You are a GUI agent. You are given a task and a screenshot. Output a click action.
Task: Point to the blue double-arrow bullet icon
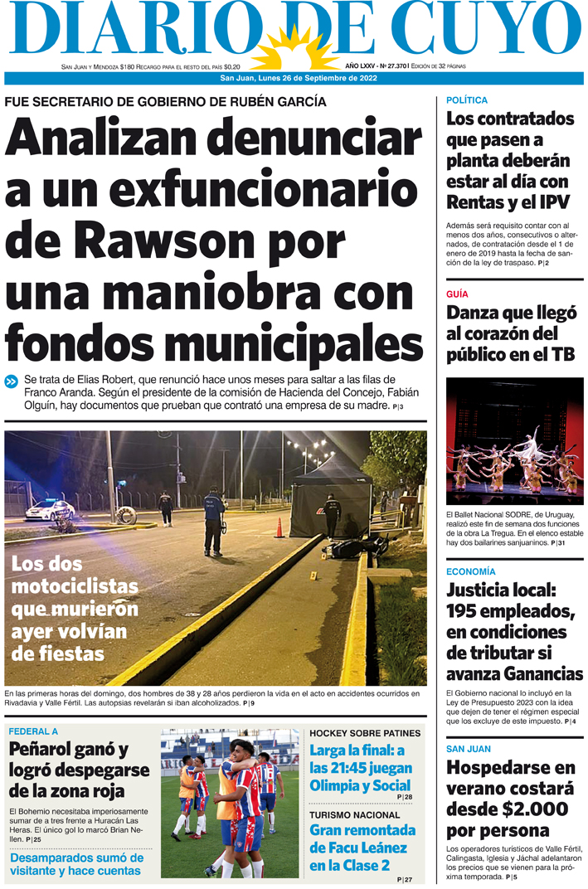pyautogui.click(x=12, y=381)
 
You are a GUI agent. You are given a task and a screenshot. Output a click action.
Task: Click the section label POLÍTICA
pyautogui.click(x=467, y=100)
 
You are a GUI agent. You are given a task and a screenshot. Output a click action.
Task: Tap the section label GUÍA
pyautogui.click(x=457, y=294)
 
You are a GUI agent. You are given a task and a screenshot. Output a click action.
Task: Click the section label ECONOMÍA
pyautogui.click(x=471, y=572)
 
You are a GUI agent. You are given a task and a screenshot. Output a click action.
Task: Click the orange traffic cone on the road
pyautogui.click(x=279, y=528)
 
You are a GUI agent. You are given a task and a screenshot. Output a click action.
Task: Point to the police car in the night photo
pyautogui.click(x=50, y=511)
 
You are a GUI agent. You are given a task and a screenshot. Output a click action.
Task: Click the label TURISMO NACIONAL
pyautogui.click(x=354, y=815)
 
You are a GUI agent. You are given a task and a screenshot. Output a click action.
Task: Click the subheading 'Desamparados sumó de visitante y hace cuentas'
pyautogui.click(x=76, y=864)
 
